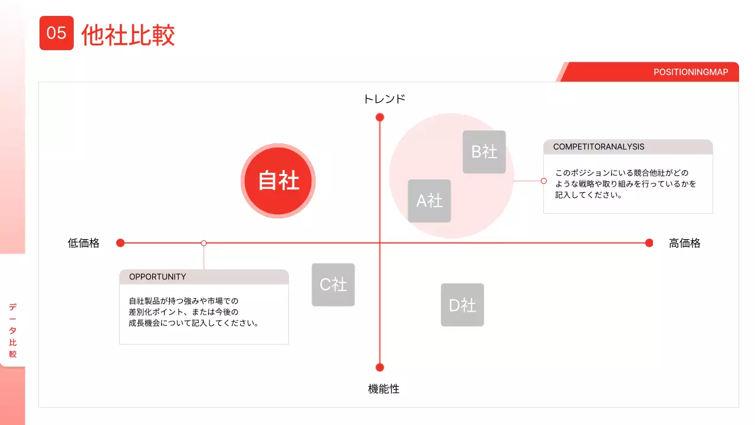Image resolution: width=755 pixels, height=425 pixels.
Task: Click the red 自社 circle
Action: coord(278,181)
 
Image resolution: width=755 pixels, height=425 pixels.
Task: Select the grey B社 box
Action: coord(484,152)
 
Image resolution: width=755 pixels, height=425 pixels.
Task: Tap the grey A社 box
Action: coord(429,201)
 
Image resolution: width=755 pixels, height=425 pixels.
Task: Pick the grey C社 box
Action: coord(333,285)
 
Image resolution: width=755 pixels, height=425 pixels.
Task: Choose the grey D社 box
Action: coord(462,305)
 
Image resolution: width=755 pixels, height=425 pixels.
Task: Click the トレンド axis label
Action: coord(384,99)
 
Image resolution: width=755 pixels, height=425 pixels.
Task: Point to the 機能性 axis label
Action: coord(384,389)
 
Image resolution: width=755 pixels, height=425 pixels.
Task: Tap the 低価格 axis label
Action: coord(84,243)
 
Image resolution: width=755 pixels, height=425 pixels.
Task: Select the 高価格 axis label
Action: coord(684,243)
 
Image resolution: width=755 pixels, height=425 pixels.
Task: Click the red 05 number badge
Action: coord(57,33)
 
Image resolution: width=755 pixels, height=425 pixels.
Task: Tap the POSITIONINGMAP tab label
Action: coord(691,72)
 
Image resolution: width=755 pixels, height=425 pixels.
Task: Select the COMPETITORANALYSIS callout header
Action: coord(599,147)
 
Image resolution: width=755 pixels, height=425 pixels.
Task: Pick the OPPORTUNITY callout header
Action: coord(157,277)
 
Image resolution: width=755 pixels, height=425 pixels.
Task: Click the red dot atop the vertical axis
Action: coord(380,117)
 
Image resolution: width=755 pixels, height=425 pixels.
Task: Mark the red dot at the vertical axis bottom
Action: coord(380,367)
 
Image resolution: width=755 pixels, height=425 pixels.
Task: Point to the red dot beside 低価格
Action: coord(120,243)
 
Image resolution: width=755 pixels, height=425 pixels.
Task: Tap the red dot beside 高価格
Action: coord(649,243)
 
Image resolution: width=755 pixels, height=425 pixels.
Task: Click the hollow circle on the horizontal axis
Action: coord(203,243)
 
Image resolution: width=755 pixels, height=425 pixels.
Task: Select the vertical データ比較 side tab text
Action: coord(12,331)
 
